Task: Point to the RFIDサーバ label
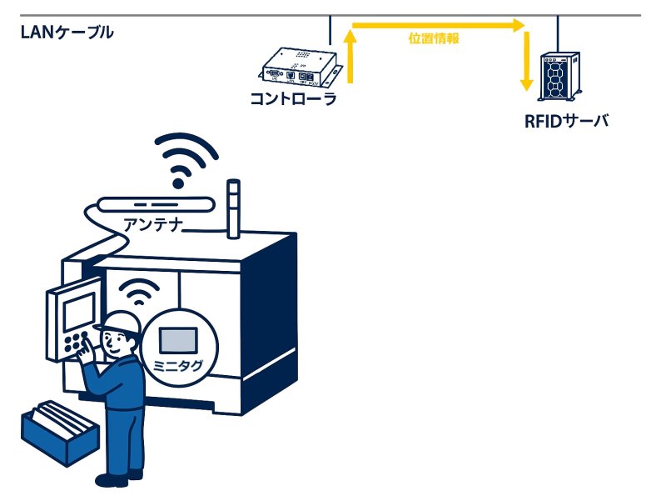click(x=566, y=121)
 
